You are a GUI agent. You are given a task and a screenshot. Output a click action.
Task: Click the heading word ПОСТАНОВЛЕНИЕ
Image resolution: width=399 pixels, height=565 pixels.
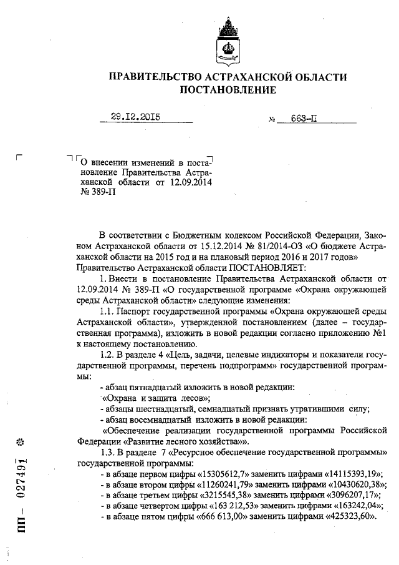[228, 91]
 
